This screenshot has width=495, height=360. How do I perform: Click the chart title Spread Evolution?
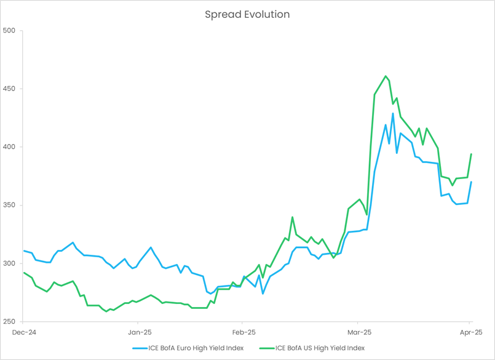[x=247, y=14]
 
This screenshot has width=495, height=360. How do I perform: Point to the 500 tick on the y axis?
[x=9, y=30]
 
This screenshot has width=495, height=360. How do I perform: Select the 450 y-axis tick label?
[x=9, y=89]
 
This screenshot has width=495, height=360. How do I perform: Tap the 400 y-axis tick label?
[x=9, y=147]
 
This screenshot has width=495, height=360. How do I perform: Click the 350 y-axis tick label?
[x=9, y=205]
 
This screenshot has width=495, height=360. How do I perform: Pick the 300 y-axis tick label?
[x=9, y=263]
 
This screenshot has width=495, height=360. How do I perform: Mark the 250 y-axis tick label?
[x=9, y=321]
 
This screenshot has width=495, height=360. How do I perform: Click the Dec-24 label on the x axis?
[x=23, y=332]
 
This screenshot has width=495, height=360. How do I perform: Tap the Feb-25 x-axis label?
[x=243, y=332]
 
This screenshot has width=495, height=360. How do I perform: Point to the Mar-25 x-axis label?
[x=358, y=332]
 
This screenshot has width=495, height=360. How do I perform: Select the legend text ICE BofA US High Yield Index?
[x=320, y=348]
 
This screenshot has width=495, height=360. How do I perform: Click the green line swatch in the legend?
[x=266, y=348]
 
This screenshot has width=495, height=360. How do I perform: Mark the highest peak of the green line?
[x=386, y=76]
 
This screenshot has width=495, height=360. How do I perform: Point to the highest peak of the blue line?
[x=393, y=113]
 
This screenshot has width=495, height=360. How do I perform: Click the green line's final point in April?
[x=471, y=154]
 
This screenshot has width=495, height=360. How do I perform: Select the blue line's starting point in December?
[x=23, y=251]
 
